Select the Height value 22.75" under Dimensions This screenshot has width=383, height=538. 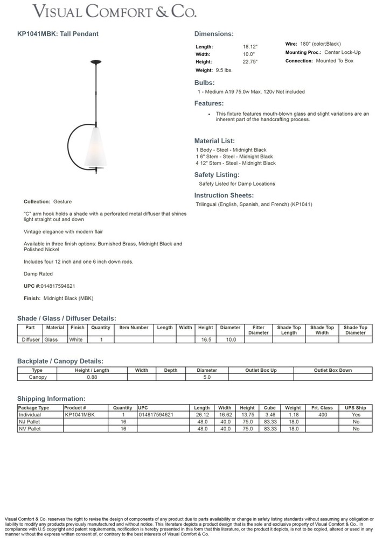250,62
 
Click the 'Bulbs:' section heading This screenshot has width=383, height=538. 205,83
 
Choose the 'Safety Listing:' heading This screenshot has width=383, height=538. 217,175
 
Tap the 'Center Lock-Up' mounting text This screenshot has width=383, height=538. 343,53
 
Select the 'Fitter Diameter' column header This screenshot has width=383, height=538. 258,330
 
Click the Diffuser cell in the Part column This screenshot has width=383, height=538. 30,339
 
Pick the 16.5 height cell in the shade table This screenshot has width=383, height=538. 205,339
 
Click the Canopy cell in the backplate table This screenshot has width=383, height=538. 37,377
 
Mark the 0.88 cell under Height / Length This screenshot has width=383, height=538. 92,377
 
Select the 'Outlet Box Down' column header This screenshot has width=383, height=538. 332,370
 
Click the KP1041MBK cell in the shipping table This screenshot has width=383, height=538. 79,415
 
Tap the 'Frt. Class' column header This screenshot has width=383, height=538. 322,408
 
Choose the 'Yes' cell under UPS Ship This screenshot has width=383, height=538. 356,415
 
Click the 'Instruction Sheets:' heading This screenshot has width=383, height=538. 224,195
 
